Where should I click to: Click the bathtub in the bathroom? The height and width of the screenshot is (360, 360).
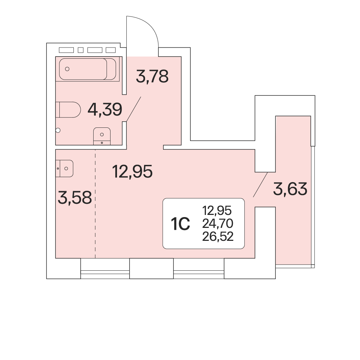[x=87, y=69]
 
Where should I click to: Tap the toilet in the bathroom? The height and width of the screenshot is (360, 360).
[x=68, y=110]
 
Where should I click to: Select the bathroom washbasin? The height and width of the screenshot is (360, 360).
[x=102, y=136]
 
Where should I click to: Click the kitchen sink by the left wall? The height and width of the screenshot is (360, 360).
[x=64, y=168]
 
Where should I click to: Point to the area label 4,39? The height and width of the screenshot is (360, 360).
[x=105, y=109]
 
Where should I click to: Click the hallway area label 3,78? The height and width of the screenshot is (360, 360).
[x=152, y=76]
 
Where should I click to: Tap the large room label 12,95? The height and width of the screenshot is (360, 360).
[x=132, y=171]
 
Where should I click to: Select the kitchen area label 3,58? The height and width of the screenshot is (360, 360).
[x=75, y=197]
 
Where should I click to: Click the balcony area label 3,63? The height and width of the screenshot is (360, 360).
[x=290, y=189]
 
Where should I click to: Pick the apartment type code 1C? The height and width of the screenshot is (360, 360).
[x=180, y=224]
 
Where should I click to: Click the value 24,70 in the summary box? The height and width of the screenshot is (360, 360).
[x=218, y=224]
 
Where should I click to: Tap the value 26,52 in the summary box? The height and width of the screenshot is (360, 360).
[x=218, y=236]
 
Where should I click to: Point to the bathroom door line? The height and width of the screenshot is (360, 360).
[x=134, y=109]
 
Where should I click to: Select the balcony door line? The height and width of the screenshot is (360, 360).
[x=260, y=185]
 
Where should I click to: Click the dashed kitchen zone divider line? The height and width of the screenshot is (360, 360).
[x=95, y=204]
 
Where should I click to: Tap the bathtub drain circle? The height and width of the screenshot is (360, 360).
[x=67, y=69]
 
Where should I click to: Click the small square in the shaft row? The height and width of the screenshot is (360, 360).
[x=81, y=50]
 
